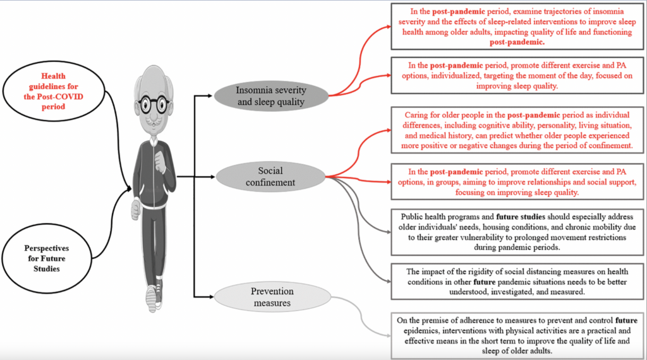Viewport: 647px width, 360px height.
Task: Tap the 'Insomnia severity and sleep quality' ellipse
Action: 270,95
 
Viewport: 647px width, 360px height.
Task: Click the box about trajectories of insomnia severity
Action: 517,27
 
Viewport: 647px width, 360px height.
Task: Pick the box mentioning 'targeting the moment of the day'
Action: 517,75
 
